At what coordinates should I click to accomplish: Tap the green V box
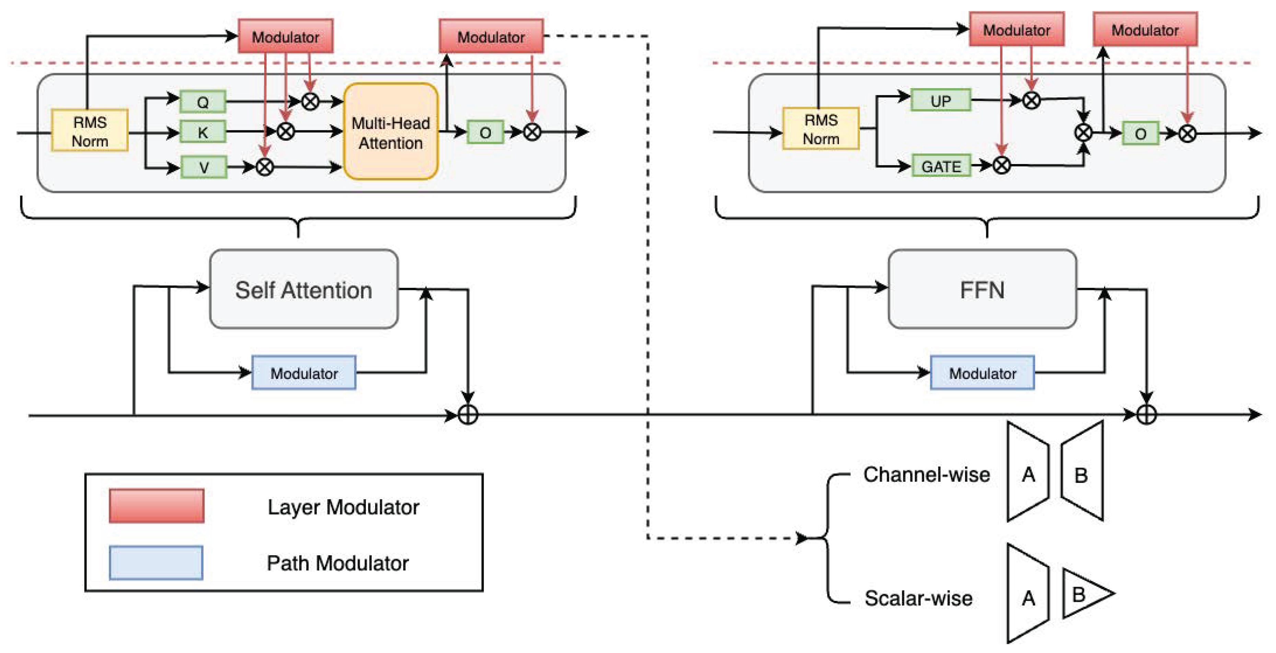coord(204,167)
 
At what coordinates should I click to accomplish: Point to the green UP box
coord(941,101)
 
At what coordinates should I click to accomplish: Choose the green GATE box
coord(941,166)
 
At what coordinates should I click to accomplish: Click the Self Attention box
coord(304,290)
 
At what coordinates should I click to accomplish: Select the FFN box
coord(982,290)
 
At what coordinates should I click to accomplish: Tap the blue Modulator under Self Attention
coord(304,373)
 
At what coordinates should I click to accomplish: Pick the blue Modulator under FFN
coord(982,373)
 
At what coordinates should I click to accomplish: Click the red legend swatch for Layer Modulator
coord(156,506)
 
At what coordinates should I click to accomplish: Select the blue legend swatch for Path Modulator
coord(156,562)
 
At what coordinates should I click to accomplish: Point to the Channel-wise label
coord(926,475)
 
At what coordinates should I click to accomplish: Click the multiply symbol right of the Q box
coord(310,102)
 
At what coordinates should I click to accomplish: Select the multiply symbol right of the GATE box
coord(1001,165)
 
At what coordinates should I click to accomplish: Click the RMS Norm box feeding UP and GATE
coord(821,129)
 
